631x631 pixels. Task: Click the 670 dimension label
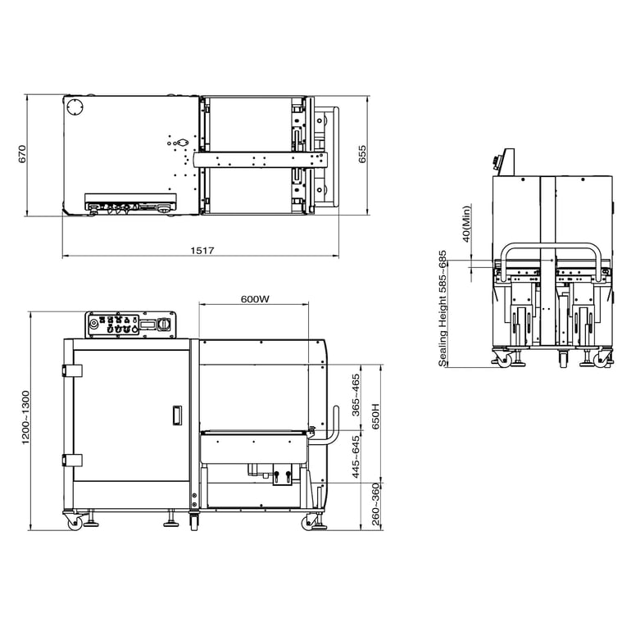[22, 154]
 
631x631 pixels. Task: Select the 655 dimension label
[362, 154]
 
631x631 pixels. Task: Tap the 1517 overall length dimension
[202, 251]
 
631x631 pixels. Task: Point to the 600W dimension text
[255, 299]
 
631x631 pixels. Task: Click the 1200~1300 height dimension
[25, 418]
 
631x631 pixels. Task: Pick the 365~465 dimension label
[356, 395]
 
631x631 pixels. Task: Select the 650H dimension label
[375, 416]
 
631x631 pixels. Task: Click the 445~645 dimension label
[356, 457]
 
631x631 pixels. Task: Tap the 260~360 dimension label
[375, 504]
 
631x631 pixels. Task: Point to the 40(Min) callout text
[466, 224]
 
